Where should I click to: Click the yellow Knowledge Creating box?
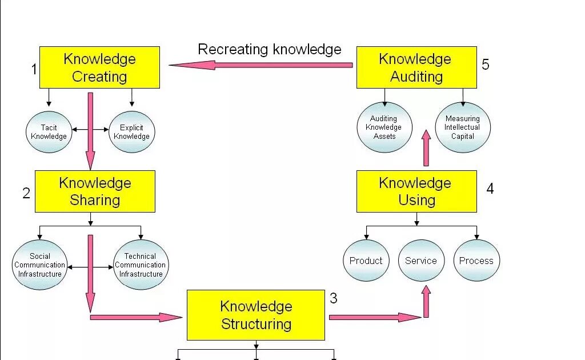pyautogui.click(x=99, y=67)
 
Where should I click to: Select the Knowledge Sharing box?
pyautogui.click(x=95, y=191)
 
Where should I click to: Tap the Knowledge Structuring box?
pyautogui.click(x=256, y=315)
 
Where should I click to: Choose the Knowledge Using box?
pyautogui.click(x=416, y=191)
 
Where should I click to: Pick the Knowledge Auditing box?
pyautogui.click(x=416, y=67)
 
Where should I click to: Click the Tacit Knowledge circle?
pyautogui.click(x=49, y=132)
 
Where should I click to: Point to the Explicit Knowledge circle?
pyautogui.click(x=131, y=132)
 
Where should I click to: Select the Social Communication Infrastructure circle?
pyautogui.click(x=39, y=265)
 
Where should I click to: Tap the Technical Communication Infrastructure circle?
pyautogui.click(x=141, y=265)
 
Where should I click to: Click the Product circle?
pyautogui.click(x=366, y=261)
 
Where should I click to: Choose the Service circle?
pyautogui.click(x=421, y=261)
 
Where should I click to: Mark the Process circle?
pyautogui.click(x=476, y=261)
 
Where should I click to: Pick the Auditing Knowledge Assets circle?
pyautogui.click(x=384, y=127)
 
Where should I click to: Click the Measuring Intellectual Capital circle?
pyautogui.click(x=463, y=127)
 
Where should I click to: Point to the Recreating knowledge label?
pyautogui.click(x=269, y=49)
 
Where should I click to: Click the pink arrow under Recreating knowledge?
pyautogui.click(x=261, y=65)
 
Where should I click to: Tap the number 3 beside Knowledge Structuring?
pyautogui.click(x=334, y=298)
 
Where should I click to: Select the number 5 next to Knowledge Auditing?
pyautogui.click(x=486, y=64)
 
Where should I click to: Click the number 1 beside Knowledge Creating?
pyautogui.click(x=34, y=70)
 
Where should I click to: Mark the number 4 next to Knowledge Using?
pyautogui.click(x=490, y=188)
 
